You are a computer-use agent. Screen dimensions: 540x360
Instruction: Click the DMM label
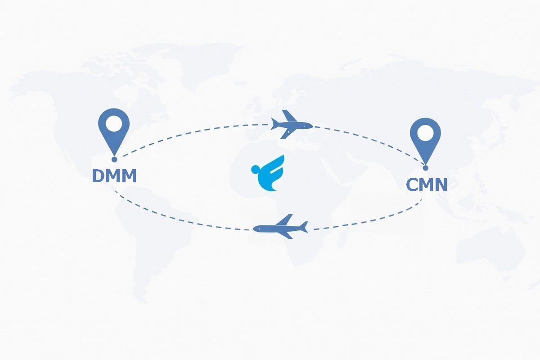point(114,176)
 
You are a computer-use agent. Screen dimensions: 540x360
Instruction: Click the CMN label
point(427,185)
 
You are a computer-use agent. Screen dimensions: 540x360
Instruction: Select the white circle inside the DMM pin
point(114,124)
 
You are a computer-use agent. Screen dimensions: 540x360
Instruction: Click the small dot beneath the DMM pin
point(114,159)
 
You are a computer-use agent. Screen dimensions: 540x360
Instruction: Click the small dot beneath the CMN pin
point(426,168)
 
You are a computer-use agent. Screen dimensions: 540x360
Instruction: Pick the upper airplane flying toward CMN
point(292,124)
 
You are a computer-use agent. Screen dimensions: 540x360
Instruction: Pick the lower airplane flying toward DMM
point(281,227)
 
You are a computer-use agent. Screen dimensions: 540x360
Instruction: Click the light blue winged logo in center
point(268,173)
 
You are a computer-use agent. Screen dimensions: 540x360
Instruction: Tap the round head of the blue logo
point(255,169)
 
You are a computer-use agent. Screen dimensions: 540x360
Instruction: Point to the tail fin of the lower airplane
point(304,227)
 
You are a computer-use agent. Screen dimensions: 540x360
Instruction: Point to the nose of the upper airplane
point(312,126)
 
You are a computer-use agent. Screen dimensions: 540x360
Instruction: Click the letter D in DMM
point(98,176)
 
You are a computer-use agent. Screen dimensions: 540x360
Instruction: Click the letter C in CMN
point(412,185)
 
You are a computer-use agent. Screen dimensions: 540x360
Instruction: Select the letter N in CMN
point(441,185)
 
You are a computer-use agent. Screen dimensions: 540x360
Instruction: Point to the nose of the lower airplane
point(254,228)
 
